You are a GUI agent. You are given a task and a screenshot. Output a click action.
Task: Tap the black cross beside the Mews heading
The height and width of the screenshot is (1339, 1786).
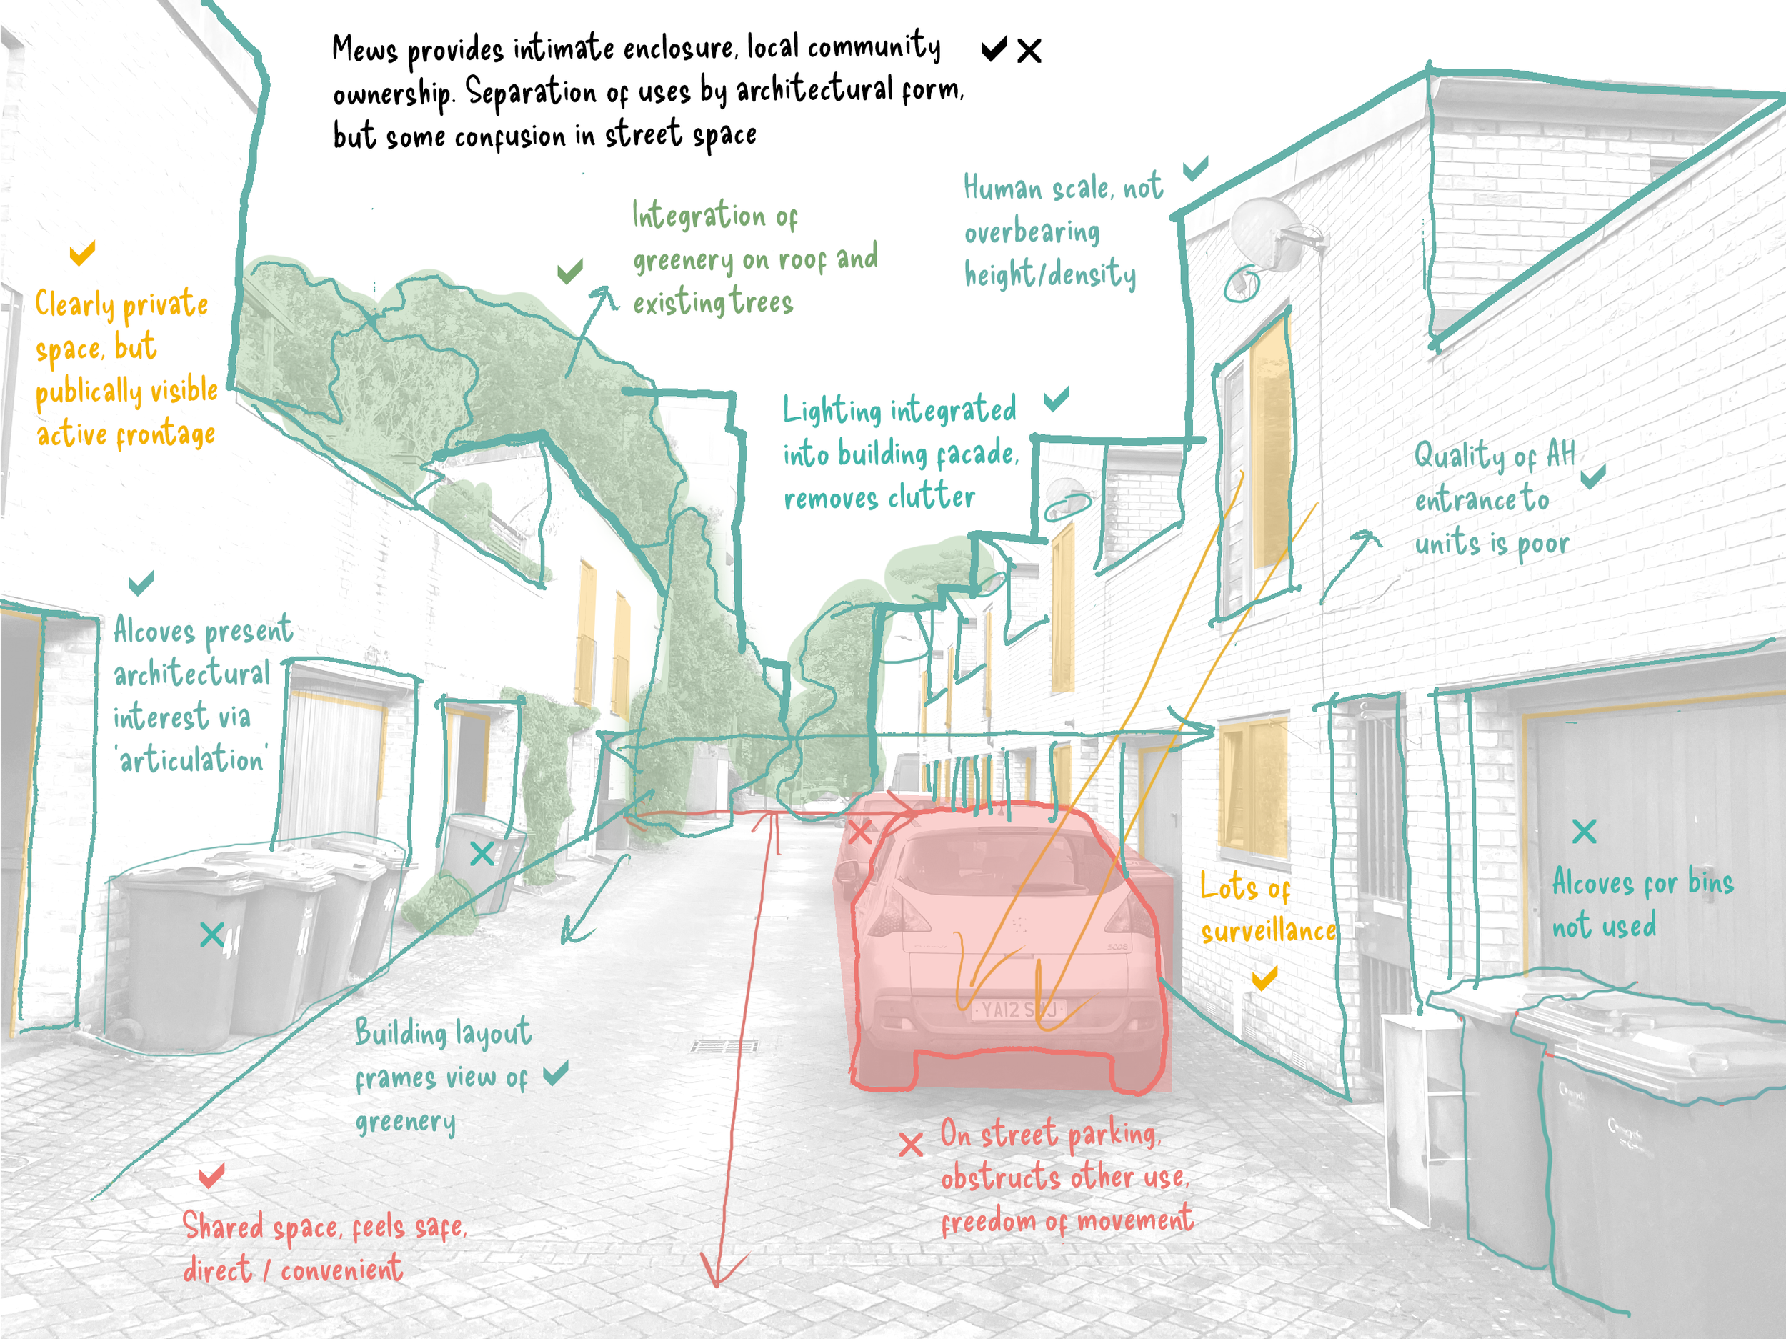pos(1029,51)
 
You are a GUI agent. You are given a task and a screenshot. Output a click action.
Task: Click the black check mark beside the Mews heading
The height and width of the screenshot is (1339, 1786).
pos(993,49)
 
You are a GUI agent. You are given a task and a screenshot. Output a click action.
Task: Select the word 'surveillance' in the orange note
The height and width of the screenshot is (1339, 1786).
pos(1267,932)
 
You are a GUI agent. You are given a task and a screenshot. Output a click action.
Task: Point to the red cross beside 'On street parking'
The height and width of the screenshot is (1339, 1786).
pos(911,1143)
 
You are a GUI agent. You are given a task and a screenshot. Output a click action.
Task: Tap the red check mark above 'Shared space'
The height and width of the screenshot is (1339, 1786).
pos(211,1176)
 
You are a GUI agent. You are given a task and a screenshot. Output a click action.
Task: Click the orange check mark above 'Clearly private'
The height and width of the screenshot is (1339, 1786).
pos(82,253)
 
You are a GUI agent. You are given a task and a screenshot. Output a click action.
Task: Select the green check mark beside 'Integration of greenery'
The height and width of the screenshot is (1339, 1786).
pos(570,272)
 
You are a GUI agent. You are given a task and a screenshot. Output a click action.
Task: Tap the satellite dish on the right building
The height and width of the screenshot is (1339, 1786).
pos(1266,234)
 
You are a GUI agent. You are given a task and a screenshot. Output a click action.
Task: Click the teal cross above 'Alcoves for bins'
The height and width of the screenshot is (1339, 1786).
pos(1584,831)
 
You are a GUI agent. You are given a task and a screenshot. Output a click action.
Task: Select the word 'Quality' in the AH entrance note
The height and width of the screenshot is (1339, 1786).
pos(1460,457)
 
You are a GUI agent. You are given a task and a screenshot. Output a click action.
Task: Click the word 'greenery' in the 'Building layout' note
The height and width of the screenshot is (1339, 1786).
pos(405,1123)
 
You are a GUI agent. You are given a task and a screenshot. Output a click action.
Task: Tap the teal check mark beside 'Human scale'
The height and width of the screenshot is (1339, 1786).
pos(1195,169)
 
